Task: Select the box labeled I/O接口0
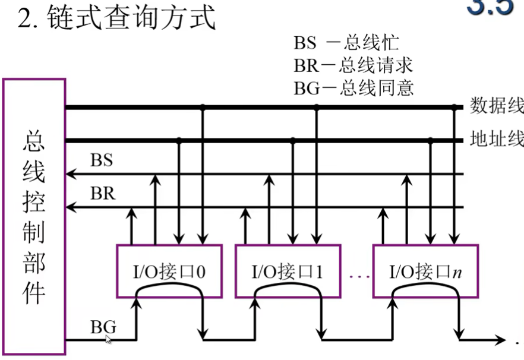coord(169,271)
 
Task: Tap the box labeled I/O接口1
coord(287,271)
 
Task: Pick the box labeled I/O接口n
coord(425,271)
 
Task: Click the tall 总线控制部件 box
coord(34,217)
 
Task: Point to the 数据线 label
coord(497,106)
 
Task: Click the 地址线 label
coord(497,140)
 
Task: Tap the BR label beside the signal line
coord(102,194)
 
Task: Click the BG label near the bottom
coord(103,326)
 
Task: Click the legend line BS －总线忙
coord(345,43)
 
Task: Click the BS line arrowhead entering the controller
coord(70,174)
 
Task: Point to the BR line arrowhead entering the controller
coord(70,207)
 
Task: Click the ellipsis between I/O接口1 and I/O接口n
coord(356,276)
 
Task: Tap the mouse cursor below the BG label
coord(109,339)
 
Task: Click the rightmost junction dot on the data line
coord(455,108)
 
